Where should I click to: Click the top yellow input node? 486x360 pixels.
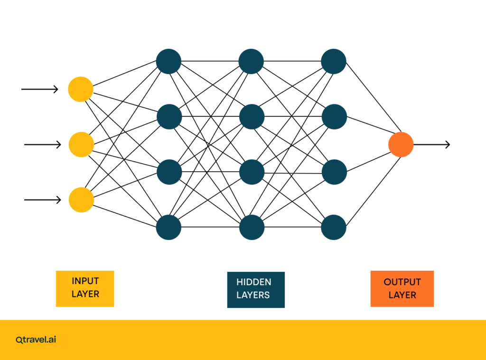pos(81,89)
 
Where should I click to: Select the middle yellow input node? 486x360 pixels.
pos(81,144)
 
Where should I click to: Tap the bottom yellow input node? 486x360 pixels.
pos(81,200)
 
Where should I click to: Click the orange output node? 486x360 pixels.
pos(401,144)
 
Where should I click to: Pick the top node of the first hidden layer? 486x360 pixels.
pos(168,62)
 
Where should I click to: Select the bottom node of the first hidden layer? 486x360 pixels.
pos(168,227)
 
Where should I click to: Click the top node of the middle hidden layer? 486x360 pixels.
pos(251,62)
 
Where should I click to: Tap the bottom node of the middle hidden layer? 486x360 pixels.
pos(251,227)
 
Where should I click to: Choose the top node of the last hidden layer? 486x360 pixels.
pos(334,62)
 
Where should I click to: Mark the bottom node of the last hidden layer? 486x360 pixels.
pos(334,227)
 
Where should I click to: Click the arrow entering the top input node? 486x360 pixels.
pos(40,89)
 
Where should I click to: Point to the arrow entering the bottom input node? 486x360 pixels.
pos(43,200)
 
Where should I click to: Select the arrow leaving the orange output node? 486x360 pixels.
pos(431,144)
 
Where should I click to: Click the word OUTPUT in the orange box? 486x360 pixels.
pos(402,282)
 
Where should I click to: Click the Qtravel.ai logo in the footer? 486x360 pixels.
pos(36,340)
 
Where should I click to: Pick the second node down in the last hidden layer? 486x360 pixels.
pos(334,117)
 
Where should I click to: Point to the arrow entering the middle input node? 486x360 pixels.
pos(43,144)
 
